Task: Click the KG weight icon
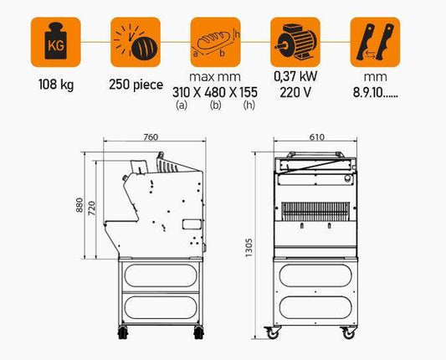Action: [x=56, y=42]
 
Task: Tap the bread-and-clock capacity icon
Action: [x=136, y=42]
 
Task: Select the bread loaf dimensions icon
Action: [x=215, y=42]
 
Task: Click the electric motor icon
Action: [x=295, y=42]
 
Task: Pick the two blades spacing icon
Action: [x=375, y=42]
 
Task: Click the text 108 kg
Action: [x=56, y=85]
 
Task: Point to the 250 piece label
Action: [x=136, y=85]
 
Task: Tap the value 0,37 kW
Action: [x=295, y=76]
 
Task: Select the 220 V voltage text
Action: [x=295, y=92]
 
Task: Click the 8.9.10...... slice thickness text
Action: [x=375, y=93]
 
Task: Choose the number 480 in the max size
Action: [x=215, y=92]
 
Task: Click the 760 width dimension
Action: [x=151, y=137]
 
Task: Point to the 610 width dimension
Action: [x=316, y=137]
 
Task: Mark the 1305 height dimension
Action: [x=249, y=248]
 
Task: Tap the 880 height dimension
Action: [x=79, y=205]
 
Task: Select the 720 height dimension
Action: [x=91, y=208]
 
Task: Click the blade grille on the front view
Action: [x=315, y=212]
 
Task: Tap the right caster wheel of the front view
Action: [x=348, y=332]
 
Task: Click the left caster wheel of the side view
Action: [x=123, y=332]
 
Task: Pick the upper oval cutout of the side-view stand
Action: [x=161, y=275]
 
